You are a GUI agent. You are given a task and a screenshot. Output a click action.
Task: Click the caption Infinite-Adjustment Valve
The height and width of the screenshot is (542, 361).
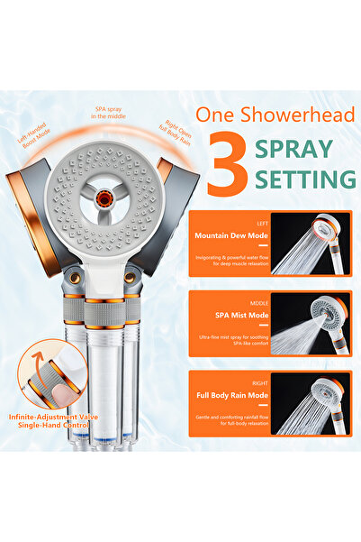[x=61, y=418]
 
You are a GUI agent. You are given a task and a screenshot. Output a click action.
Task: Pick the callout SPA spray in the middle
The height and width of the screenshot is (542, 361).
[x=111, y=113]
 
